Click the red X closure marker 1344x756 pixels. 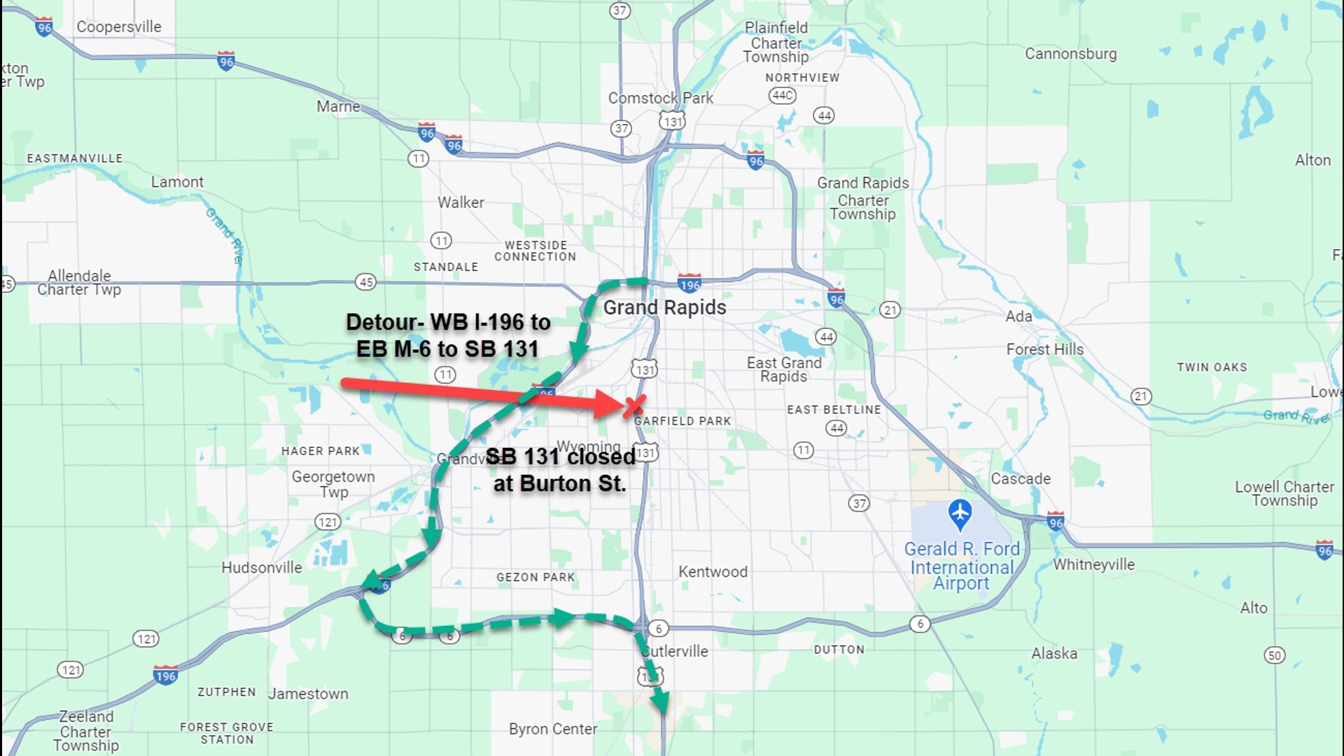(634, 406)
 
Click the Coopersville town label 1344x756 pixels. (119, 27)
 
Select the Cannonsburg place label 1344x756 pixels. (1070, 54)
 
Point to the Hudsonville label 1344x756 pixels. (262, 568)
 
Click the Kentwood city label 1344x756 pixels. (713, 572)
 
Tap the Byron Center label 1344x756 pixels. (553, 729)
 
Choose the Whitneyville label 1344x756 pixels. (1093, 565)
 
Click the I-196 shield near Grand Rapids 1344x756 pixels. (689, 284)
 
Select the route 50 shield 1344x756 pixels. (1274, 655)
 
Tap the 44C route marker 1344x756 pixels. (782, 95)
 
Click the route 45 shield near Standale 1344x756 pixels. (365, 282)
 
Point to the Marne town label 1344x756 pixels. (338, 106)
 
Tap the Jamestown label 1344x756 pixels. (308, 694)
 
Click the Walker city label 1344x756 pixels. (461, 202)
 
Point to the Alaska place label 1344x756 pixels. (1054, 654)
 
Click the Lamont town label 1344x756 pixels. (177, 182)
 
